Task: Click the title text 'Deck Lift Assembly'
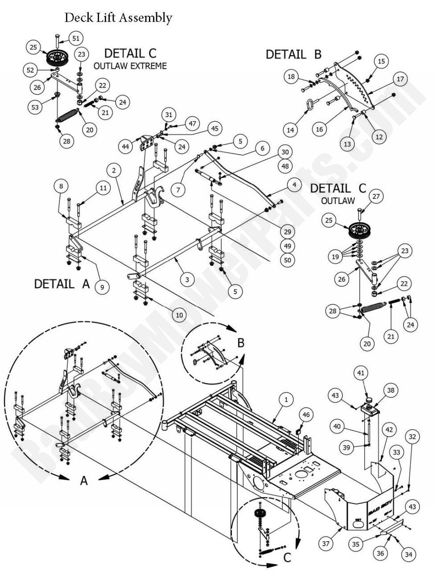(x=118, y=18)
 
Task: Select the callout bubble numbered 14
(x=291, y=130)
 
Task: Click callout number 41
(x=361, y=374)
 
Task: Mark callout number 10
(x=179, y=315)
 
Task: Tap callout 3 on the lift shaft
(x=187, y=280)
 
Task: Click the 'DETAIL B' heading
(x=293, y=54)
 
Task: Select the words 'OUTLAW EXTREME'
(x=130, y=66)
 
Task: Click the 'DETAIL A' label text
(x=62, y=284)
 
